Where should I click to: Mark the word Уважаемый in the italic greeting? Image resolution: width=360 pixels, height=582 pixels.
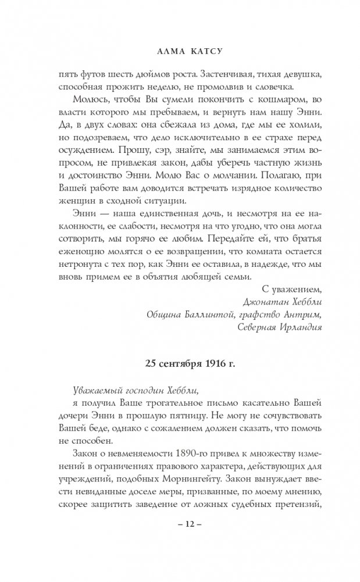pos(91,391)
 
